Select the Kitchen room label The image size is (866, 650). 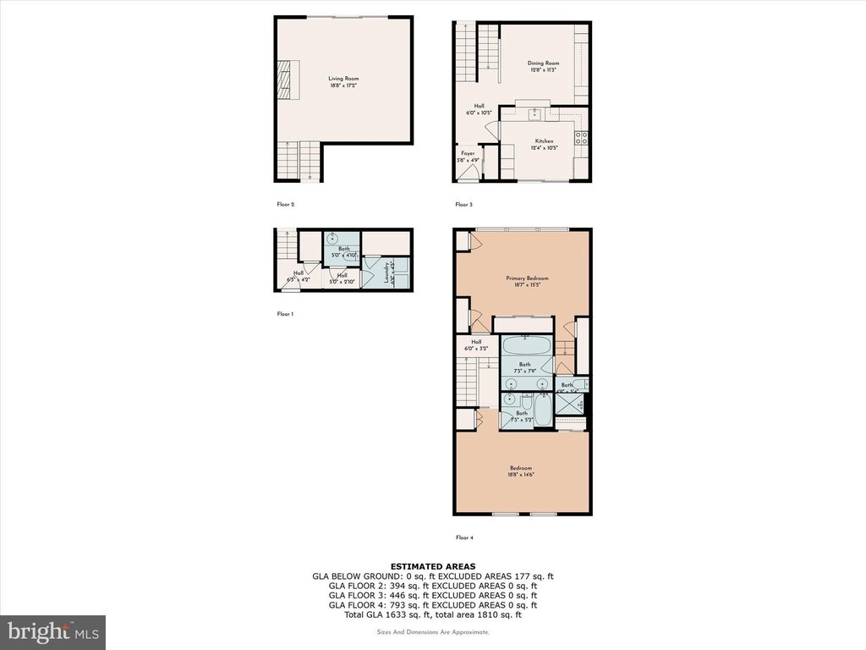click(x=544, y=145)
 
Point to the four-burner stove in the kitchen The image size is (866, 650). click(x=582, y=137)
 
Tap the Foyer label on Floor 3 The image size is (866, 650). click(x=468, y=156)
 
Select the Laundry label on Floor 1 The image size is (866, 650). click(x=386, y=273)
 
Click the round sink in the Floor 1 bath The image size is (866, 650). click(x=332, y=238)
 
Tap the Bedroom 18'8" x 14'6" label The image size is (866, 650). click(x=520, y=471)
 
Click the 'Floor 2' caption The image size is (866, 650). click(x=285, y=205)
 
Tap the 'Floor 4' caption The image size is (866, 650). click(x=464, y=537)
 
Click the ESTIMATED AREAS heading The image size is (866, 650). click(x=432, y=566)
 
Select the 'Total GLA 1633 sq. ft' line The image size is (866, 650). click(x=432, y=614)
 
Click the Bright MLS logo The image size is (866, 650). click(x=52, y=632)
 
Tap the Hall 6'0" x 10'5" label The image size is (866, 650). click(x=479, y=109)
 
